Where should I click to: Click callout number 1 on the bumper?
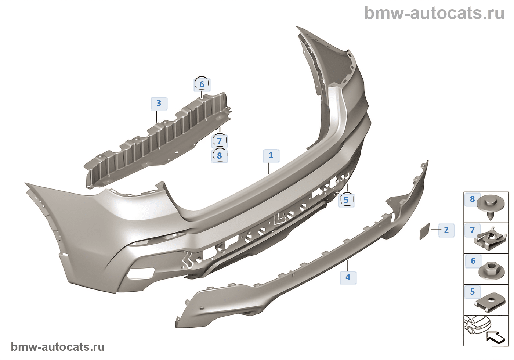click(271, 156)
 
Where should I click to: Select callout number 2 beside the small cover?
click(446, 230)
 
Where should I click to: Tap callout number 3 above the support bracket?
click(159, 104)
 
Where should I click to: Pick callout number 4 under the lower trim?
click(348, 277)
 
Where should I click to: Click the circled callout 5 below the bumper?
click(346, 200)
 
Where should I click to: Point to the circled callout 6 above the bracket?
click(202, 84)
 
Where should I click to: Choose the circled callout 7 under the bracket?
click(220, 141)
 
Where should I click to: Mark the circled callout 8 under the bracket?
click(220, 156)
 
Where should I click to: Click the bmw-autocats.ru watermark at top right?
click(434, 13)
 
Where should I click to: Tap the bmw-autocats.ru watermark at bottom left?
click(58, 347)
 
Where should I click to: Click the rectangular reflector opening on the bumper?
click(141, 273)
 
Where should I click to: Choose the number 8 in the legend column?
click(473, 199)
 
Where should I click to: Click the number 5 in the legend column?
click(473, 292)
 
